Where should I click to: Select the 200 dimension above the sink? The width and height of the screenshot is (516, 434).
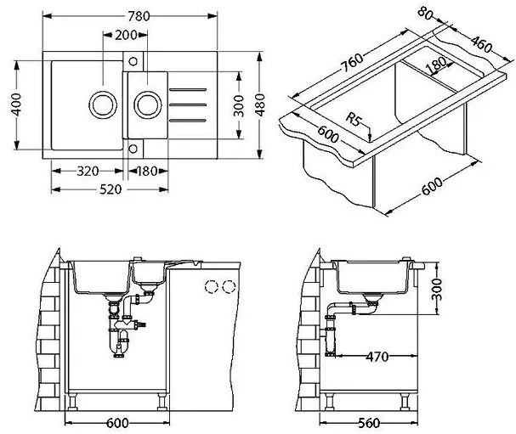click(x=127, y=35)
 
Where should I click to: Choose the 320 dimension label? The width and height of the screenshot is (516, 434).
click(x=88, y=171)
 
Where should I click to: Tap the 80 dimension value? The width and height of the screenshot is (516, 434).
click(x=426, y=14)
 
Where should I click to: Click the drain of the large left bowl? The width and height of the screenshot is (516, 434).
click(x=102, y=105)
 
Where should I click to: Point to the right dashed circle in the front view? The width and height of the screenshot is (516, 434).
click(x=228, y=286)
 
